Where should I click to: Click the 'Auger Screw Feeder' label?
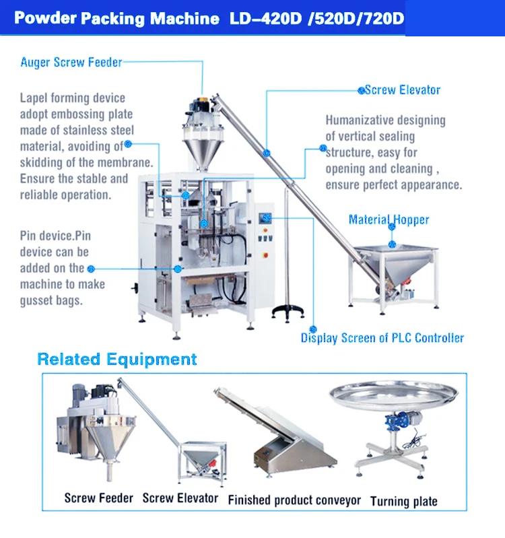(x=71, y=63)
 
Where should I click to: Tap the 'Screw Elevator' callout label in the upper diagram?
(x=402, y=90)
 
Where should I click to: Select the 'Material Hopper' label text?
(x=389, y=220)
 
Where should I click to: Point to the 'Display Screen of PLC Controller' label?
(x=382, y=338)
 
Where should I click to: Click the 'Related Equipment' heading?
(x=117, y=359)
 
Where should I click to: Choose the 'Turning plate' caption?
(x=403, y=501)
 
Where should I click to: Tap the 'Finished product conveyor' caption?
(x=294, y=500)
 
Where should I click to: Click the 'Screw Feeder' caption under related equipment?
(x=98, y=498)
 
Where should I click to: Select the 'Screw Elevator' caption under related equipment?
(x=180, y=498)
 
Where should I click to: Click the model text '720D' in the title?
(x=380, y=18)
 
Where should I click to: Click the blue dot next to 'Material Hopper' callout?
(x=393, y=227)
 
